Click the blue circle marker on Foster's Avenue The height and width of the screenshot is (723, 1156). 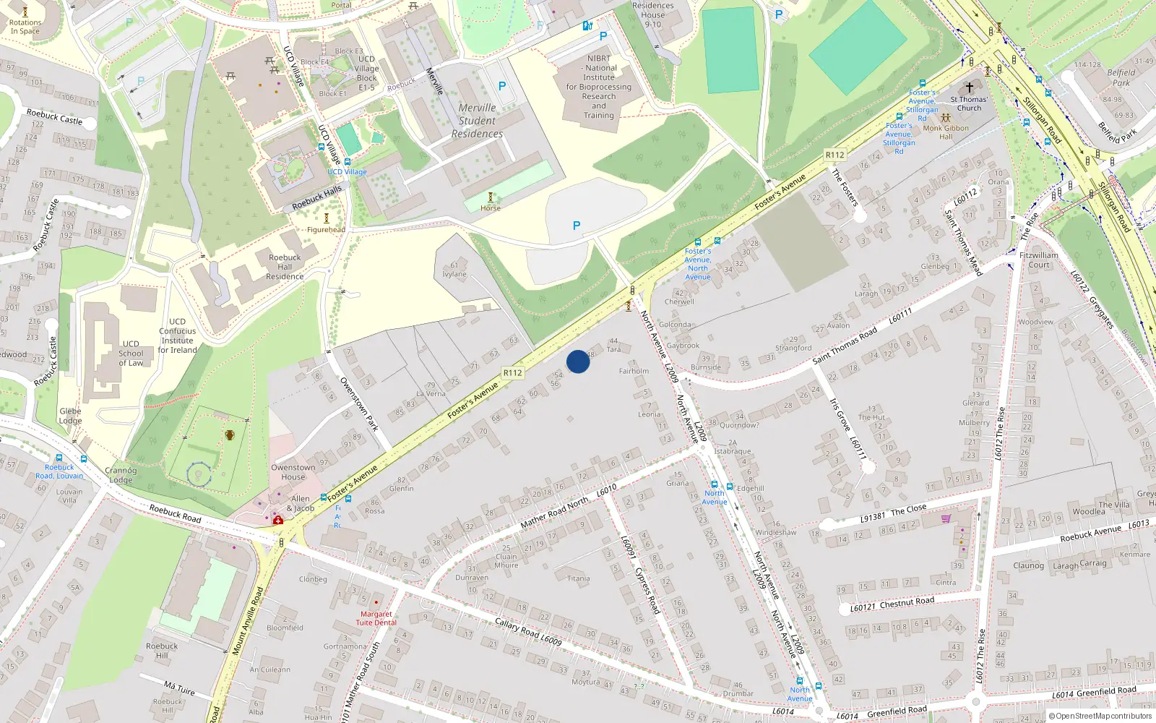(x=578, y=361)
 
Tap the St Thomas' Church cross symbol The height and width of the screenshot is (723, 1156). (x=970, y=87)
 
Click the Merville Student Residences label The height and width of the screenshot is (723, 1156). (x=477, y=121)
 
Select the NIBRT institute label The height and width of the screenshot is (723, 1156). (x=599, y=87)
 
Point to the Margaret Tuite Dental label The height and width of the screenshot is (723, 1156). (x=376, y=618)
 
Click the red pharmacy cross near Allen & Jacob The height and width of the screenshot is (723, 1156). (x=278, y=520)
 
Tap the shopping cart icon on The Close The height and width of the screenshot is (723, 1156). (x=946, y=518)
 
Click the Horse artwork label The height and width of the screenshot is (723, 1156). (x=491, y=208)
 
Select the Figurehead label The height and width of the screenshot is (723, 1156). (x=326, y=230)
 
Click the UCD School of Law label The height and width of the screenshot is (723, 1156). (x=131, y=354)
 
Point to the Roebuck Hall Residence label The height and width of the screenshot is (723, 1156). (x=285, y=267)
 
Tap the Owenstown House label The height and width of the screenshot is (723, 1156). (x=293, y=472)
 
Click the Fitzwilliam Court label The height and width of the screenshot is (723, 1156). (x=1039, y=260)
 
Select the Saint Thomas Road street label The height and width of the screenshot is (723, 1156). (x=845, y=345)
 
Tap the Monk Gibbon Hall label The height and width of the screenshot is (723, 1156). (x=946, y=132)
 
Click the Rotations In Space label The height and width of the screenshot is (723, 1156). (x=25, y=27)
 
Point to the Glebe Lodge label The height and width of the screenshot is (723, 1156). (x=70, y=416)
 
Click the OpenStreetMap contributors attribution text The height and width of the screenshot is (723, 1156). (x=1103, y=716)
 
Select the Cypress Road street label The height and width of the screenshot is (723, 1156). (x=647, y=590)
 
